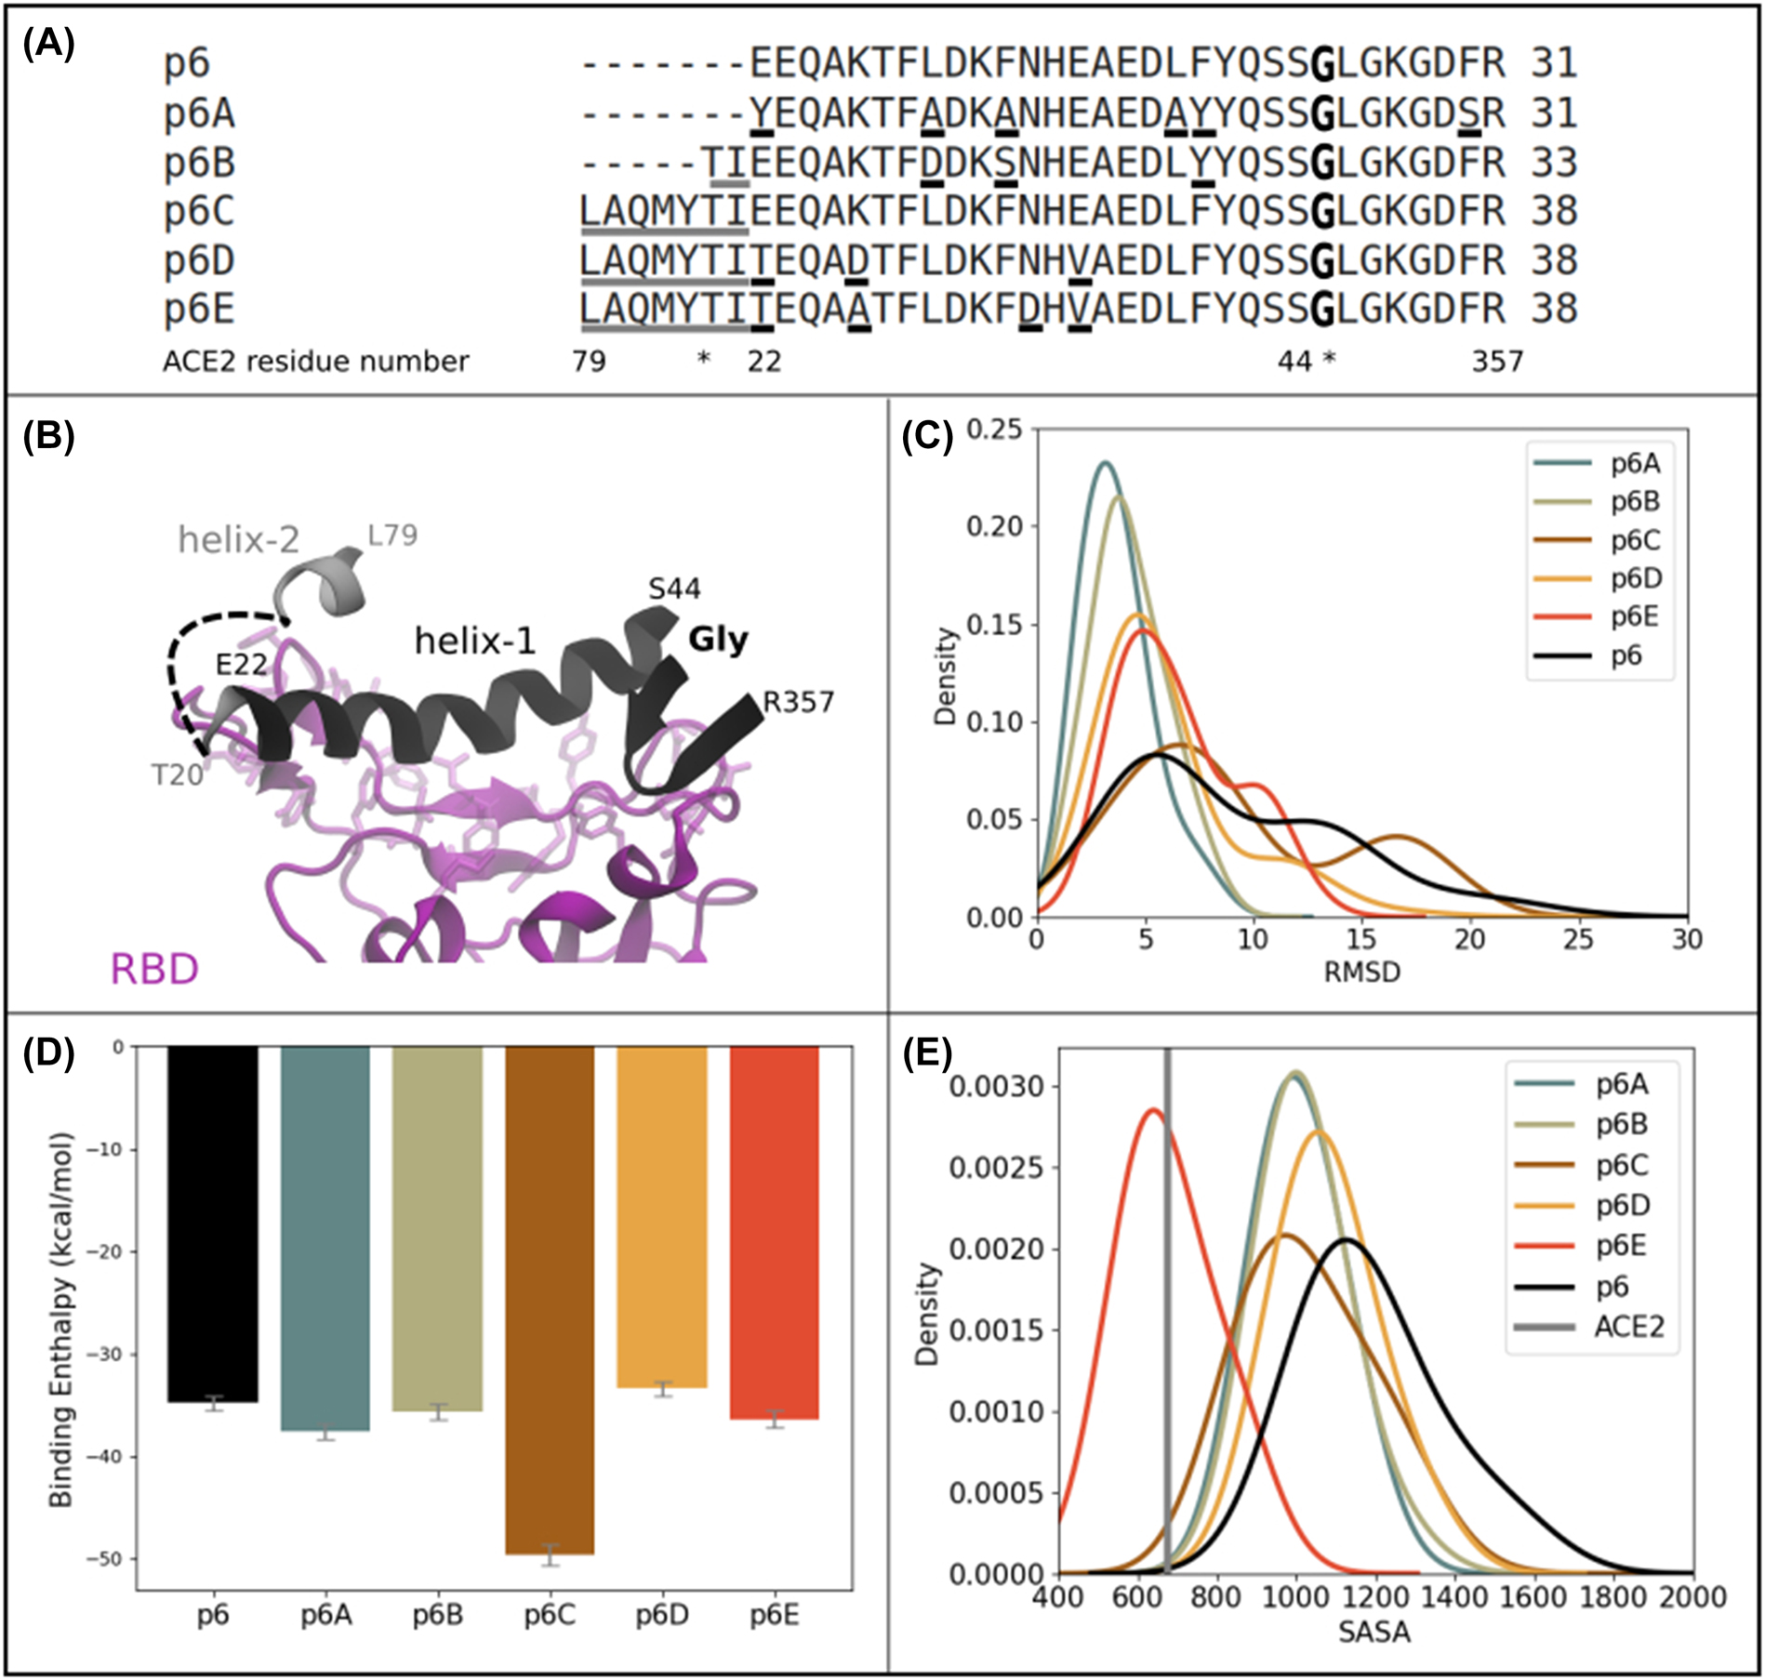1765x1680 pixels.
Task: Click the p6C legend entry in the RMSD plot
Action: tap(1635, 540)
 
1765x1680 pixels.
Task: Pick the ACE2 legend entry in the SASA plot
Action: tap(1628, 1327)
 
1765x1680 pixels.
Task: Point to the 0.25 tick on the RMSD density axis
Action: tap(994, 430)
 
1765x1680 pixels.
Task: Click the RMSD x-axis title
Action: tap(1361, 972)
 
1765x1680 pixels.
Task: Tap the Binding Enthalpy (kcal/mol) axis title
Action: tap(61, 1320)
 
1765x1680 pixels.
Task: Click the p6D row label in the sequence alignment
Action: tap(199, 260)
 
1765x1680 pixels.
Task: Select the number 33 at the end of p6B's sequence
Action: tap(1554, 163)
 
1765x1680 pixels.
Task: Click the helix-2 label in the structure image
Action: tap(239, 540)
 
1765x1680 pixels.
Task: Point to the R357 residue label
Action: tap(798, 702)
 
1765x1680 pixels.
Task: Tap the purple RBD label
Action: tap(154, 969)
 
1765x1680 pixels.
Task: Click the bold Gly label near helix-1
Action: tap(718, 640)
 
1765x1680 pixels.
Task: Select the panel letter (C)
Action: tap(927, 436)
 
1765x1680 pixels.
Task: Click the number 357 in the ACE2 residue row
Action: tap(1497, 361)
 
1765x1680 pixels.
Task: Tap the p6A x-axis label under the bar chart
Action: tap(325, 1616)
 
